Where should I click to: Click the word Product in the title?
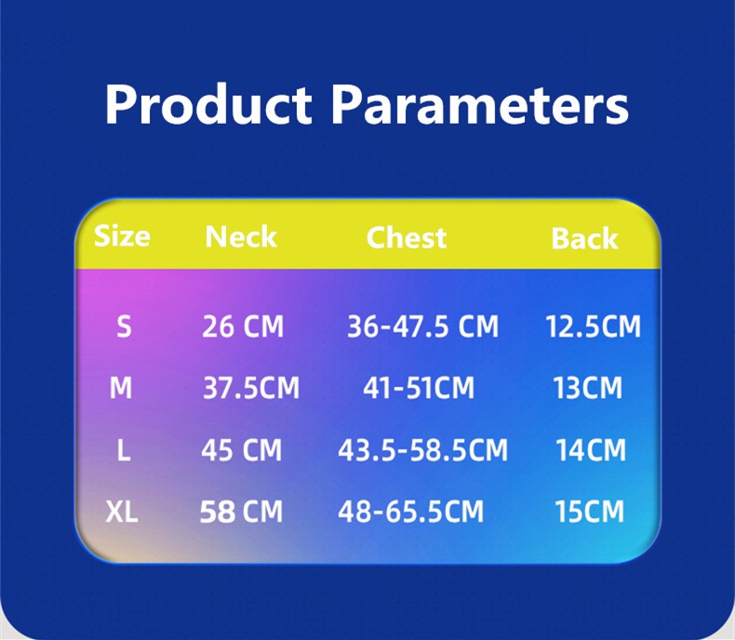(208, 104)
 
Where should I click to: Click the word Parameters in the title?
(479, 104)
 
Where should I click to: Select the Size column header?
(122, 235)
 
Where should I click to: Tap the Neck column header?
(241, 236)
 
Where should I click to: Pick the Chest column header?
(407, 237)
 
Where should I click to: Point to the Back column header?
(584, 238)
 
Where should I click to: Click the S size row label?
(124, 327)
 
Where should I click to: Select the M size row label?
(121, 388)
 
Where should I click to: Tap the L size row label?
(123, 450)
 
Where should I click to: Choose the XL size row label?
(122, 511)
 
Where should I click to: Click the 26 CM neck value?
(243, 327)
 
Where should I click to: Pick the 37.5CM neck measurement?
(251, 388)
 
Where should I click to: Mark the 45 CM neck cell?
(241, 450)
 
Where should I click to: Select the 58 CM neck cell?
(241, 511)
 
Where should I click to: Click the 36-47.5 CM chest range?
(422, 327)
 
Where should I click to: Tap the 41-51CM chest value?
(419, 388)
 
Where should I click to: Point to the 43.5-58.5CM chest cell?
(422, 450)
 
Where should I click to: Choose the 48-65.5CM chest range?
(410, 511)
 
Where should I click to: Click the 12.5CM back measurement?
(593, 327)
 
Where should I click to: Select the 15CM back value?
(590, 511)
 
